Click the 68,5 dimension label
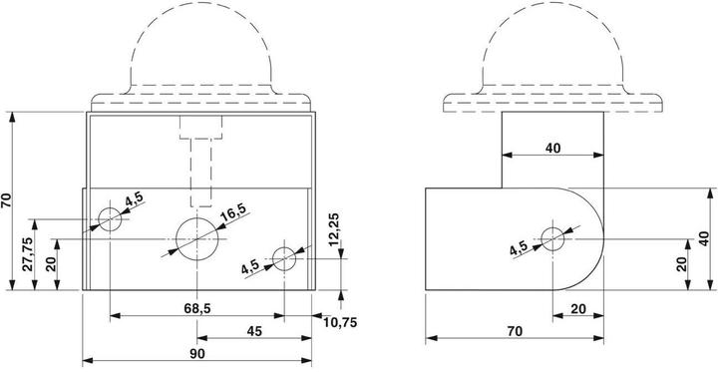click(x=197, y=308)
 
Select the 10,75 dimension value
click(x=340, y=323)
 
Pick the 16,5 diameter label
click(x=233, y=212)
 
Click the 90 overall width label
click(x=197, y=353)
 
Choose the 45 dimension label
click(x=254, y=331)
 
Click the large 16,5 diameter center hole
click(x=196, y=238)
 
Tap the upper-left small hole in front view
click(x=110, y=219)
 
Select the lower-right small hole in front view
click(x=284, y=259)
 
